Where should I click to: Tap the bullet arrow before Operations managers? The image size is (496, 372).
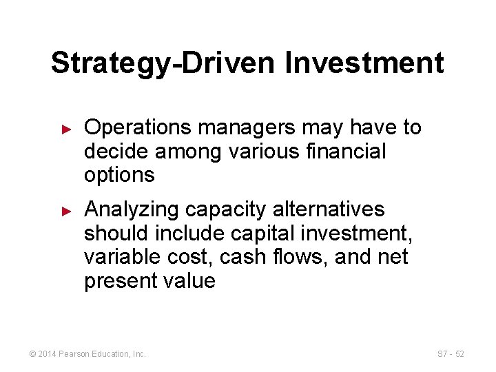click(x=67, y=129)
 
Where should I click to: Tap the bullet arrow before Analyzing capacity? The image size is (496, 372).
click(x=67, y=210)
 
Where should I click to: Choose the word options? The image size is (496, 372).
click(x=119, y=175)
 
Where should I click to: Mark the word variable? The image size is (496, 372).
click(x=121, y=257)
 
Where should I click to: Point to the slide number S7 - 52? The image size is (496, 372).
click(x=451, y=354)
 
